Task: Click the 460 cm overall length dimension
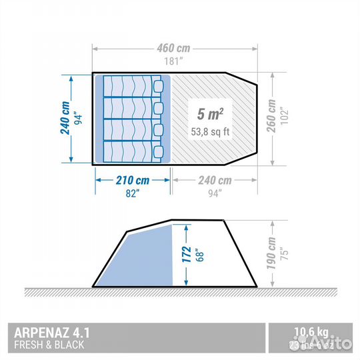(x=174, y=48)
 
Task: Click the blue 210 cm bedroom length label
(x=132, y=180)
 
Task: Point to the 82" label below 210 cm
(x=132, y=193)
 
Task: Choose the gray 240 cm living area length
(x=215, y=180)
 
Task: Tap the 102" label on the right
(x=284, y=117)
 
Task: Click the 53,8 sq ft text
(x=210, y=131)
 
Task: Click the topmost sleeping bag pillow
(x=157, y=87)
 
